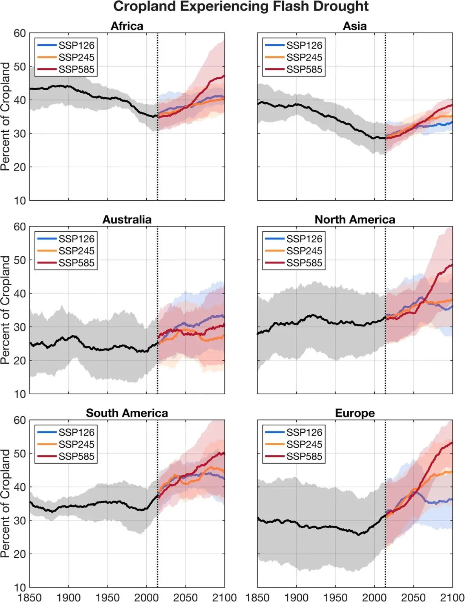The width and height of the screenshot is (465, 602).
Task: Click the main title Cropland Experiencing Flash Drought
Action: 241,7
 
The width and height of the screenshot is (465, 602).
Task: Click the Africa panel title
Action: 127,26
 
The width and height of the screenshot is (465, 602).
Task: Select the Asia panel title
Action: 355,26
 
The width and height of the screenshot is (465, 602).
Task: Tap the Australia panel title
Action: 127,219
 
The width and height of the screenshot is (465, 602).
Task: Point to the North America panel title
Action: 355,219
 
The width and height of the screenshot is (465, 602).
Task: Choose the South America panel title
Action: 127,413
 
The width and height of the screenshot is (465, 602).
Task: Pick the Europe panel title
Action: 355,413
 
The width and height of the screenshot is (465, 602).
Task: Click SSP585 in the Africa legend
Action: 77,69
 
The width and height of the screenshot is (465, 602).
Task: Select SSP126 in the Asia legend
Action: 304,45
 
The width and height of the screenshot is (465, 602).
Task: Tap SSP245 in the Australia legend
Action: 77,251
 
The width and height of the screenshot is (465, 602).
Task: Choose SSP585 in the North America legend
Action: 304,263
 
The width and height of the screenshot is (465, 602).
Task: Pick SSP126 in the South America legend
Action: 77,432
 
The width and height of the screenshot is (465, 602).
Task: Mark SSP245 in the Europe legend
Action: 304,444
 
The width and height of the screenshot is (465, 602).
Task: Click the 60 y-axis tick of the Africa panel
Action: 20,34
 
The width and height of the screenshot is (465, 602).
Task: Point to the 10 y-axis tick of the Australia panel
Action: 20,394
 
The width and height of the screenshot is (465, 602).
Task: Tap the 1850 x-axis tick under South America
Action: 30,597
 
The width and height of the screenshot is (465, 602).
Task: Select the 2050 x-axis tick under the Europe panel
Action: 413,597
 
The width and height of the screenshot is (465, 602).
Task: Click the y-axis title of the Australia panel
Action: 5,310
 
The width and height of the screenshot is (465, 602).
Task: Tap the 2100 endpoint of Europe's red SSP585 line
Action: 452,443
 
